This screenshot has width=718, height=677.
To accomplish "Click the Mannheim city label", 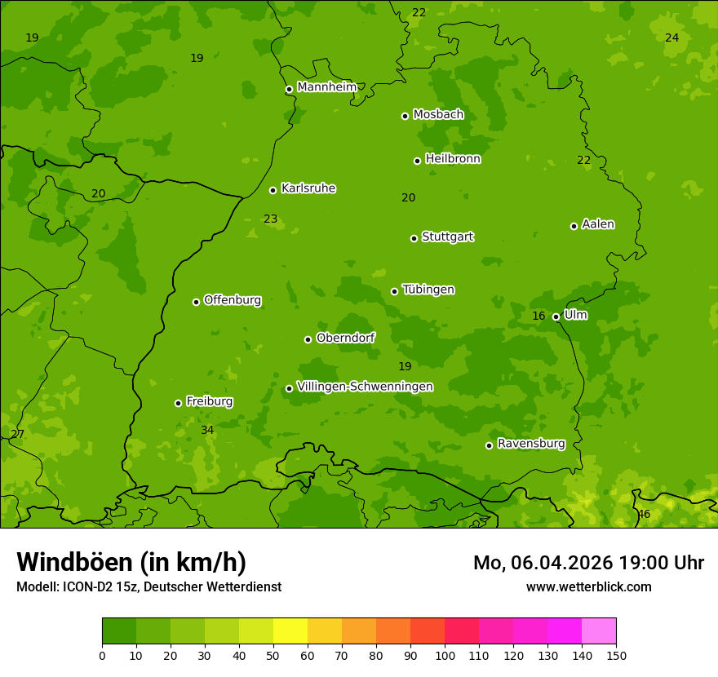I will pos(326,87).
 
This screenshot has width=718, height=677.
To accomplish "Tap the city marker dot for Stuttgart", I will pos(414,238).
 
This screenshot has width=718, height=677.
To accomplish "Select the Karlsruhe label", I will pos(308,188).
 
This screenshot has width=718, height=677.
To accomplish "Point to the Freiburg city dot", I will pos(178,403).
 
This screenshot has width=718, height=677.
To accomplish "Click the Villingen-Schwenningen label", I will pos(365,387).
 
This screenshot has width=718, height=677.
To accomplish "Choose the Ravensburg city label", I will pos(530,444).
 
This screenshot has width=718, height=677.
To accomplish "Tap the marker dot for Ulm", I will pos(556,316).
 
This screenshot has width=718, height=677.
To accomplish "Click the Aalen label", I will pos(598,224).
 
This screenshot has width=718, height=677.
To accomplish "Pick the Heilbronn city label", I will pos(453,159).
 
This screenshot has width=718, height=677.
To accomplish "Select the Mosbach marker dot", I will pos(405,116).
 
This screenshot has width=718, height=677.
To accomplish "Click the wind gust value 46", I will pos(644,515).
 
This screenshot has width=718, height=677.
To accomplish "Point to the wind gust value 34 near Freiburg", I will pos(207,430).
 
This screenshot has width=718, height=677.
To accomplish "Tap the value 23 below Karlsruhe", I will pos(270,219).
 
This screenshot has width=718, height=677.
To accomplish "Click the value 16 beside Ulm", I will pos(538,316).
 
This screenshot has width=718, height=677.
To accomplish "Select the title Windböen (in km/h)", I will pos(131,562).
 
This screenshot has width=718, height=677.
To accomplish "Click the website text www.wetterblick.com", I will pos(588,586).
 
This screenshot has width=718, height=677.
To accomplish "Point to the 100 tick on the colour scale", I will pos(445,655).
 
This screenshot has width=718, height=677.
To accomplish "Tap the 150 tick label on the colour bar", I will pos(616,655).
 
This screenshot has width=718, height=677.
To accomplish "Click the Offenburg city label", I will pos(232,300).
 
